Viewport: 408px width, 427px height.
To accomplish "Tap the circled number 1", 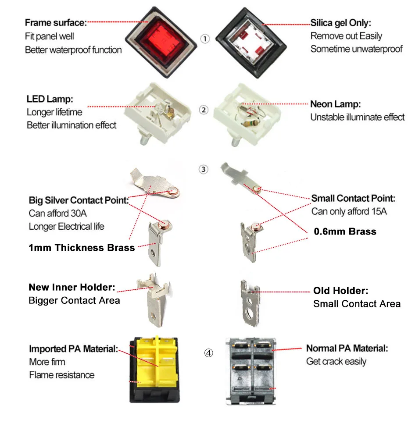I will point(205,39).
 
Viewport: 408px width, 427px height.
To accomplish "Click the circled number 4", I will point(209,352).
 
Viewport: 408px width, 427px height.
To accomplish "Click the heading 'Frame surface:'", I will point(56,23).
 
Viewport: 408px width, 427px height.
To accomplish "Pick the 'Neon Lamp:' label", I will point(336,104).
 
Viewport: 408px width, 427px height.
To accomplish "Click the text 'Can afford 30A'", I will point(55,214).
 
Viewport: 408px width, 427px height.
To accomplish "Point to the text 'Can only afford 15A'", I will point(349,212).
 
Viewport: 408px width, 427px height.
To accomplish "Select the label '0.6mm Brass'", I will point(345,231).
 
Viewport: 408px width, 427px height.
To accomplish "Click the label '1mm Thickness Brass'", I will point(82,248).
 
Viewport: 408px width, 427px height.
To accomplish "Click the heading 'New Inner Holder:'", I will point(72,288).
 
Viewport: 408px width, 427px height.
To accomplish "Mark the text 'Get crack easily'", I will point(336,362).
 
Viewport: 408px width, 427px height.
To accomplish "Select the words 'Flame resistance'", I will point(61,375).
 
